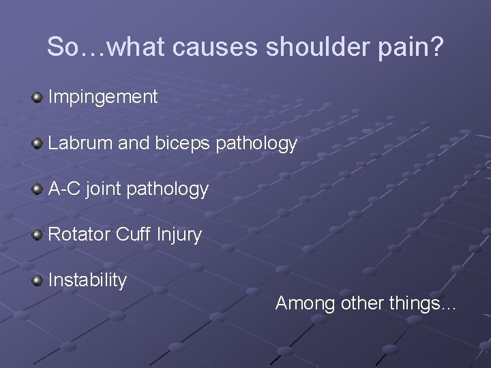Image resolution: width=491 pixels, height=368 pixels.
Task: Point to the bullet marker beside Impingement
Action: coord(38,98)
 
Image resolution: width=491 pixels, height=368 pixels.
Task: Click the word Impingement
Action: coord(103,97)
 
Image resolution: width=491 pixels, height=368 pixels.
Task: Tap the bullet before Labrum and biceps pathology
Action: coord(38,144)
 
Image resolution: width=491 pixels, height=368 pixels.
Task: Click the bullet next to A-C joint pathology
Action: coord(38,189)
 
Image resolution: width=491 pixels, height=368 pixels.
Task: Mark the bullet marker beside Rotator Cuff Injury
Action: coord(38,235)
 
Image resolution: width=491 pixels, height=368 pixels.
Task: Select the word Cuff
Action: coord(133,234)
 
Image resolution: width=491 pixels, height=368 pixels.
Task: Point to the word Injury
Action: coord(179,235)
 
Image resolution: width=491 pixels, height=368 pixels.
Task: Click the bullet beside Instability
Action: coord(38,281)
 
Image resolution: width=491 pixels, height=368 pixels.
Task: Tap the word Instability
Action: coord(88,280)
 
